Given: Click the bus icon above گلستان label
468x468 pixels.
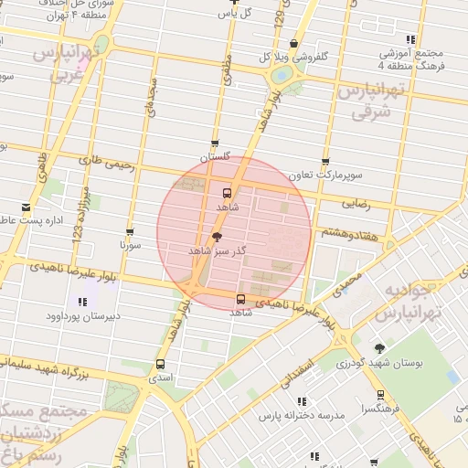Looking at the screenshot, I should click(x=215, y=143).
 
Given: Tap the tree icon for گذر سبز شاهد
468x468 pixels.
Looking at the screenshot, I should click(x=217, y=237).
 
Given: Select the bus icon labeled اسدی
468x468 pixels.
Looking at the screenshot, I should click(x=161, y=364).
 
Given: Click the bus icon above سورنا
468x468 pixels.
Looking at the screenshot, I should click(x=130, y=232).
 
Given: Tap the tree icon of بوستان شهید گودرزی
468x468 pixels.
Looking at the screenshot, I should click(x=379, y=347).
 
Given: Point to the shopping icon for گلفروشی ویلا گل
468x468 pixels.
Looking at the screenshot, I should click(x=292, y=43).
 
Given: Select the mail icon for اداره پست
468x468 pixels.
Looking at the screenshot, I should click(x=26, y=207).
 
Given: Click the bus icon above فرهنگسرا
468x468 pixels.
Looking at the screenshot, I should click(x=380, y=395).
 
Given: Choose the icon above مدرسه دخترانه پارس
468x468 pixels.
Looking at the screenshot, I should click(x=302, y=401).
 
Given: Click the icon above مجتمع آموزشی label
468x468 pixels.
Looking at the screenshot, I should click(x=410, y=39).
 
